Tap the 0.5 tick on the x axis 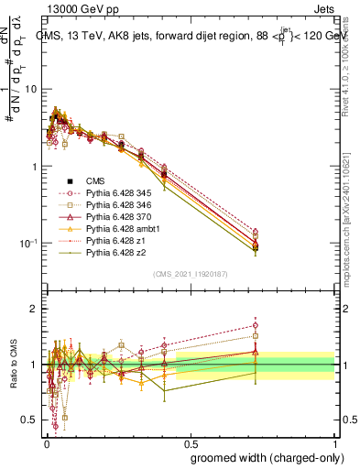click(x=190, y=443)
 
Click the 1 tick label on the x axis click(x=336, y=443)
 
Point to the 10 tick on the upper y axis click(x=32, y=90)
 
